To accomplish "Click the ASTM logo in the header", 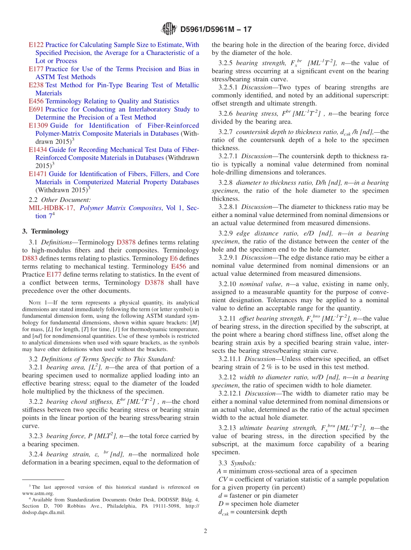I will click(x=169, y=29).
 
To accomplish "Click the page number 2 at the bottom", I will click(x=205, y=531).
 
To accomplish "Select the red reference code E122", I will click(x=36, y=45).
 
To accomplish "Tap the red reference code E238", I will click(x=36, y=85).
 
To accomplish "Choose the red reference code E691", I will click(x=36, y=109).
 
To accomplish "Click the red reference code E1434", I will click(x=38, y=150).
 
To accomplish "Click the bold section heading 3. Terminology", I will click(x=45, y=231).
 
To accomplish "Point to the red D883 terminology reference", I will click(x=30, y=258).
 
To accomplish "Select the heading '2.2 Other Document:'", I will click(x=60, y=200).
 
